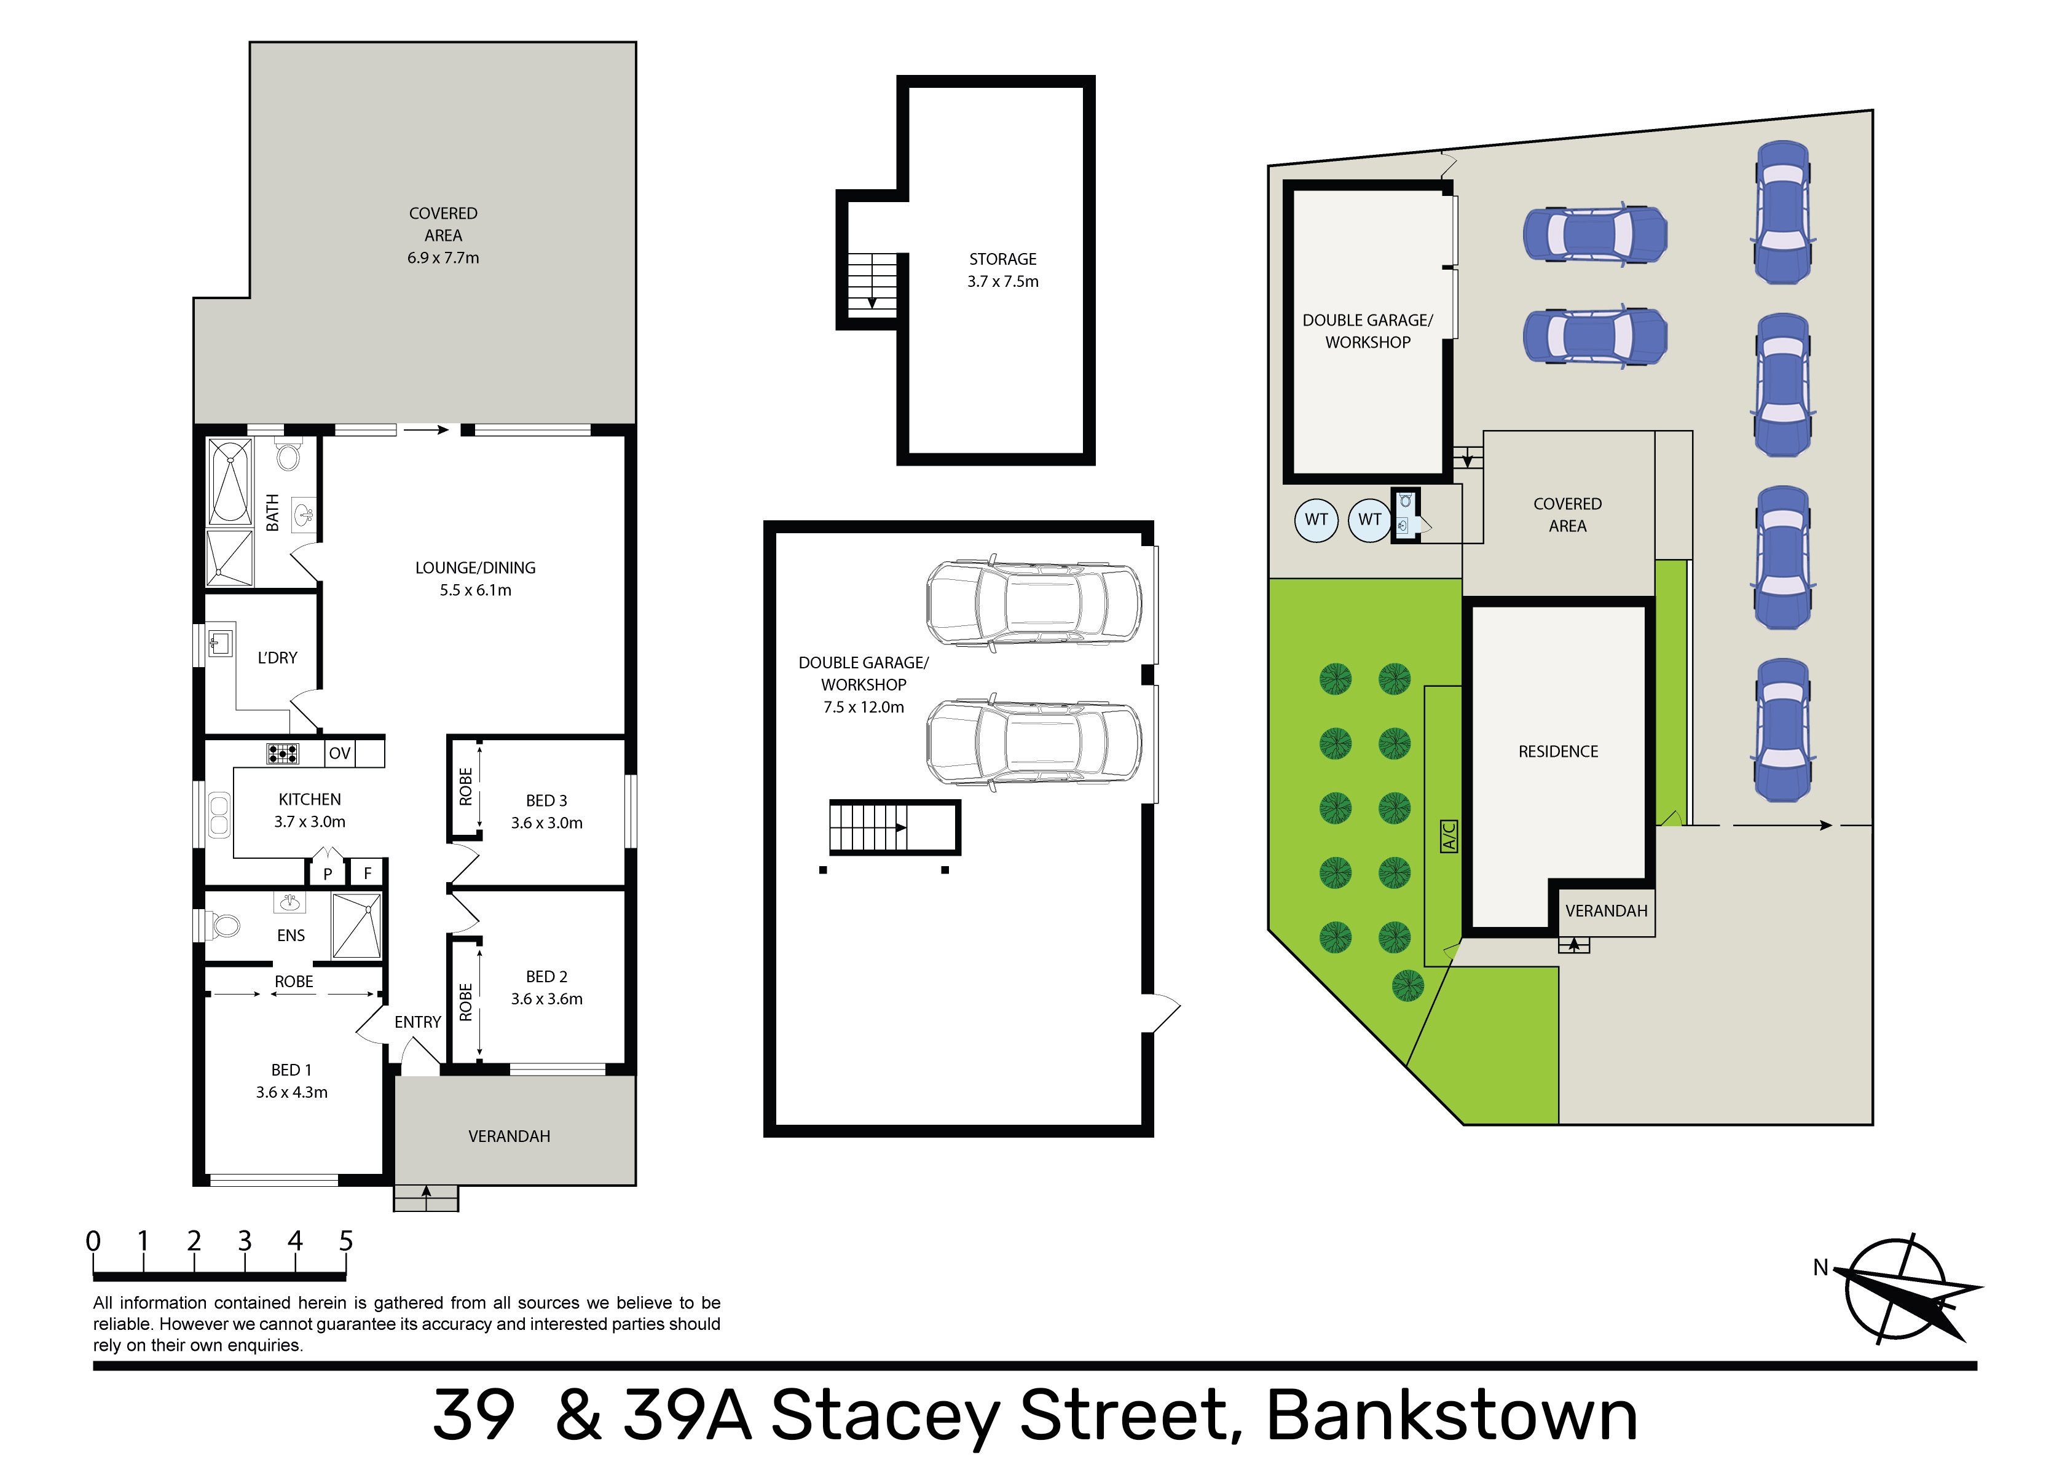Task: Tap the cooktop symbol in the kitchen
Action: pos(282,754)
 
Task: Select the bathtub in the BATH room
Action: pos(230,482)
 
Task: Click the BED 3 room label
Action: pos(546,800)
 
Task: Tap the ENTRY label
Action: pos(417,1022)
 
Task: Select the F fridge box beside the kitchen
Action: pos(368,872)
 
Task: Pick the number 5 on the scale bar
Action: pos(346,1241)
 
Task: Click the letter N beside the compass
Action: pos(1820,1267)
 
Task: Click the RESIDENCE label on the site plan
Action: pos(1558,752)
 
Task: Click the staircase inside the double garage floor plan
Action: pos(894,827)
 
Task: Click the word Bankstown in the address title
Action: pos(1452,1415)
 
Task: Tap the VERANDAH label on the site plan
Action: pos(1606,910)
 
